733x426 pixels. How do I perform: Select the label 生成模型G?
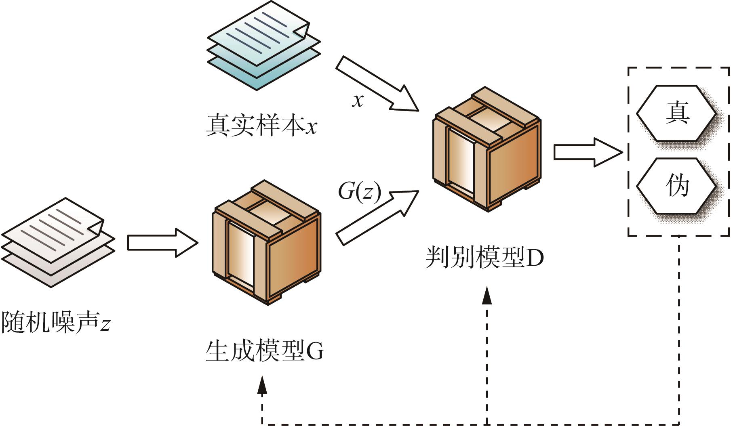(x=265, y=351)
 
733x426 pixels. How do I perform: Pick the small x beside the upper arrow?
(x=358, y=101)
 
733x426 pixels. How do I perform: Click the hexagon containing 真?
(x=676, y=113)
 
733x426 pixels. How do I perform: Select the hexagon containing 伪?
(x=676, y=186)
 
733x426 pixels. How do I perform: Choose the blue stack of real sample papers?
(x=263, y=45)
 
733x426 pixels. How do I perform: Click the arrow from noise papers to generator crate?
(x=163, y=242)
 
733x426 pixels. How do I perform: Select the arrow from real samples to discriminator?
(x=377, y=84)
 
